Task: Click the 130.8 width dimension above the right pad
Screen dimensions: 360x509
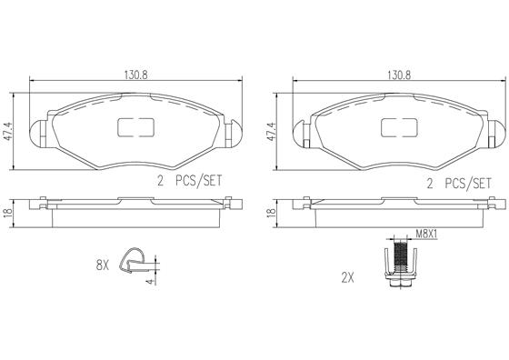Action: pyautogui.click(x=398, y=76)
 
